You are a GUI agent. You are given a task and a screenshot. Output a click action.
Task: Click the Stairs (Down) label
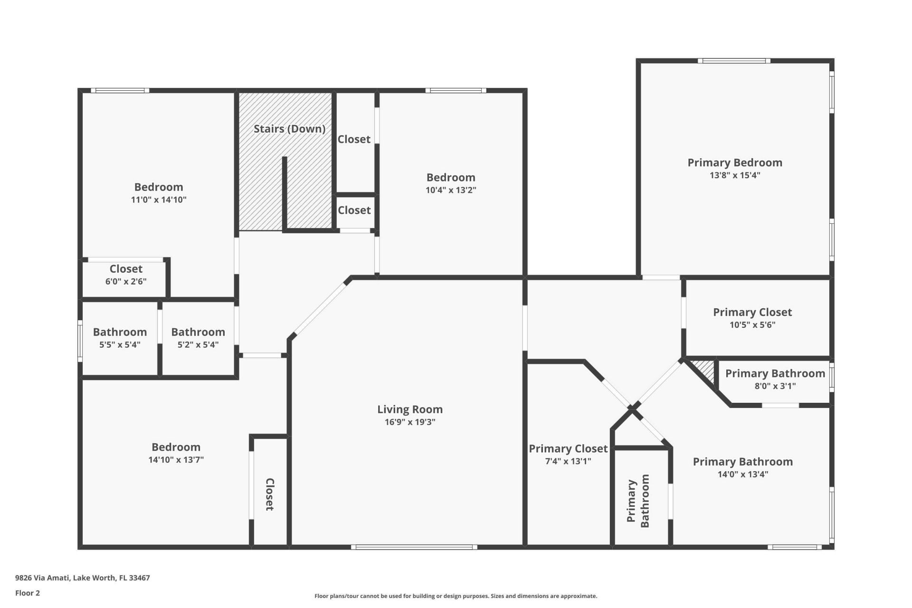(289, 129)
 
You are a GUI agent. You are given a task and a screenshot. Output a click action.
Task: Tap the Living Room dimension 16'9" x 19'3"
(410, 422)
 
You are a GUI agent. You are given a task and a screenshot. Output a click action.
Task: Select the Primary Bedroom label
(735, 162)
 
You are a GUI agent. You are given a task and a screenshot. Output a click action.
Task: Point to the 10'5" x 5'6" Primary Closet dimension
(752, 325)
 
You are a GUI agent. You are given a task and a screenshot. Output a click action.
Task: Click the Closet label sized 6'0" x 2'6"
(126, 269)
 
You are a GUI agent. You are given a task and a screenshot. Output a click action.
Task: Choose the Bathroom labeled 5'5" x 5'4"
(120, 332)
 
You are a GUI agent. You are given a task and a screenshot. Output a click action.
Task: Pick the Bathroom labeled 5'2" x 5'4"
(198, 332)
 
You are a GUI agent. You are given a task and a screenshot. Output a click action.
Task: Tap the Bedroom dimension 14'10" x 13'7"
(176, 459)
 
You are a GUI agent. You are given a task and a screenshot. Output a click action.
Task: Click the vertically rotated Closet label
(269, 494)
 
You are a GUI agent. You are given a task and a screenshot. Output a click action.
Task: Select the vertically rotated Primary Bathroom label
(638, 501)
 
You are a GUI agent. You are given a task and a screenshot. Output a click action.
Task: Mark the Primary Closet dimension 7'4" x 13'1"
(568, 461)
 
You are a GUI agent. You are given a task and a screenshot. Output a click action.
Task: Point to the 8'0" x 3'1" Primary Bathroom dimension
(775, 386)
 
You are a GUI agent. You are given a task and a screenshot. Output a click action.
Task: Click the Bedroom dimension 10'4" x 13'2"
(451, 190)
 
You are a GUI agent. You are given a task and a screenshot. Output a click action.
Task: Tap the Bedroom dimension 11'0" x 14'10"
(159, 199)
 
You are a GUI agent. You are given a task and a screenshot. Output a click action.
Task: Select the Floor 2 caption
(28, 593)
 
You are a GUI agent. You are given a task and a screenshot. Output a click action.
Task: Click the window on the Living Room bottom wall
(414, 547)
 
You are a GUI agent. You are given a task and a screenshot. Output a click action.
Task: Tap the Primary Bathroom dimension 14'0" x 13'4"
(742, 474)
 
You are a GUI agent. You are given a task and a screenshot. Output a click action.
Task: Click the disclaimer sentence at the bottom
(456, 596)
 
